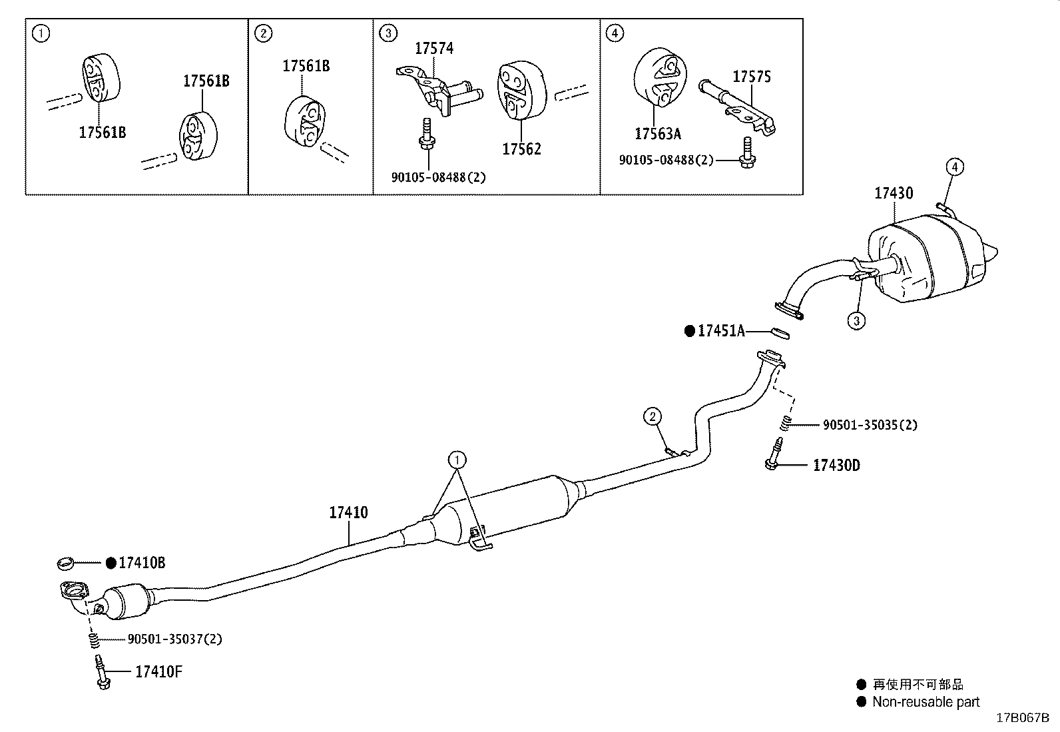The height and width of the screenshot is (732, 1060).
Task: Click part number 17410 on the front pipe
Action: coord(348,513)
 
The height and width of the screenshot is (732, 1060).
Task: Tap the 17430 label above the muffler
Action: coord(894,193)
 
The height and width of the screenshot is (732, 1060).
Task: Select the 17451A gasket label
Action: coord(721,330)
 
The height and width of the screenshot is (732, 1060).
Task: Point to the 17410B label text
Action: coord(142,563)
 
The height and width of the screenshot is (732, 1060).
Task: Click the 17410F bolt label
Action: coord(158,671)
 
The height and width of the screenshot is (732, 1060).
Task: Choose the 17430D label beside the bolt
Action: coord(836,465)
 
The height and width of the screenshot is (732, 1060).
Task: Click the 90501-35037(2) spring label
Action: coord(174,639)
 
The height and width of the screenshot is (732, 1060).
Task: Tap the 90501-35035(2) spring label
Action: coord(870,424)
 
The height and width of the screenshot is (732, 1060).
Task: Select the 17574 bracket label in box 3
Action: coord(434,48)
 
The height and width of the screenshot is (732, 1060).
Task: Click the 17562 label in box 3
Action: coord(521,149)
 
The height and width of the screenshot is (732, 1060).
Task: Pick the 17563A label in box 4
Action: coord(658,134)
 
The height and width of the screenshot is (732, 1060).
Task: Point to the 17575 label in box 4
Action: coord(752,77)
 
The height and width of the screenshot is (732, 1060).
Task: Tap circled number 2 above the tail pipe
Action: coord(653,417)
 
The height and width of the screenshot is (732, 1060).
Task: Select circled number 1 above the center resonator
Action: coord(457,460)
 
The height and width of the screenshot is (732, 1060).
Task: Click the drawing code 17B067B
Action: coord(1022,718)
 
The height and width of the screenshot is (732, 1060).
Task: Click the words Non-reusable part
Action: coord(926,701)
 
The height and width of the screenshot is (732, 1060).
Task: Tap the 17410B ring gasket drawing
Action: coord(65,565)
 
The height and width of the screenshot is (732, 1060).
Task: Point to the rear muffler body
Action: coord(926,260)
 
